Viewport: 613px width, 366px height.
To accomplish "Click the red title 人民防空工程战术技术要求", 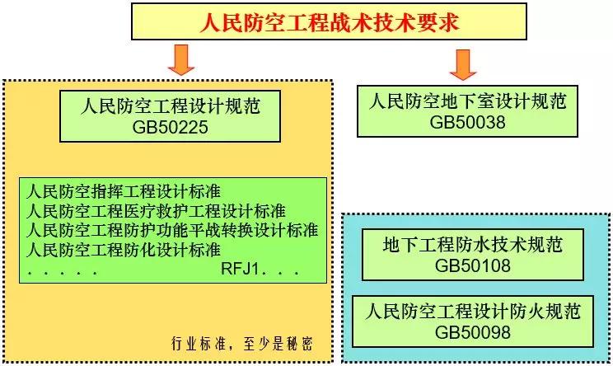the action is click(x=330, y=22).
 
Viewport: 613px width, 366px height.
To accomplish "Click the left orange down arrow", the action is click(x=181, y=60).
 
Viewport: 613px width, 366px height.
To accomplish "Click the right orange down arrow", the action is click(x=463, y=65).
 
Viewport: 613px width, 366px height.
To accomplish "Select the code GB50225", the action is click(x=170, y=128).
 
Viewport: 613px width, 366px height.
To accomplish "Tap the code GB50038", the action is click(x=467, y=122).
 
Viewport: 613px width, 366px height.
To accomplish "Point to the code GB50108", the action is click(x=473, y=266).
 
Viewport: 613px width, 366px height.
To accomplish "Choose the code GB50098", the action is click(x=473, y=332).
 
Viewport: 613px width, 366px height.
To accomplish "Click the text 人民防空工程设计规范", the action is click(x=170, y=106).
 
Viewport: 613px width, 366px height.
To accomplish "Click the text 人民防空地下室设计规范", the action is click(x=467, y=101).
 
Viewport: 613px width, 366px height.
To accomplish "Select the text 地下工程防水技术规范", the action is click(x=473, y=245).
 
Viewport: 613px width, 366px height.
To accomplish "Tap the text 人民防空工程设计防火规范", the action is click(x=473, y=312).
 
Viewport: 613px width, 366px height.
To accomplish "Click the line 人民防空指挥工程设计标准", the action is click(x=124, y=191).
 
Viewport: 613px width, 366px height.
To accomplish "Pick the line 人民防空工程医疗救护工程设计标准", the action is click(x=156, y=211).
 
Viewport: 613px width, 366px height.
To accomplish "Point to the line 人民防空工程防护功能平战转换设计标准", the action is click(x=172, y=230).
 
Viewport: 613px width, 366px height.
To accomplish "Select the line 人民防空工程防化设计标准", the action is click(x=124, y=250).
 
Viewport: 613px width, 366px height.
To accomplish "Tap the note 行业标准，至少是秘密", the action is click(x=242, y=344).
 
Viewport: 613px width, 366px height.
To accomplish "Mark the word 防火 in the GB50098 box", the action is click(x=526, y=312).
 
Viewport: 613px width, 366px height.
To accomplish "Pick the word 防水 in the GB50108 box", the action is click(x=473, y=245).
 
